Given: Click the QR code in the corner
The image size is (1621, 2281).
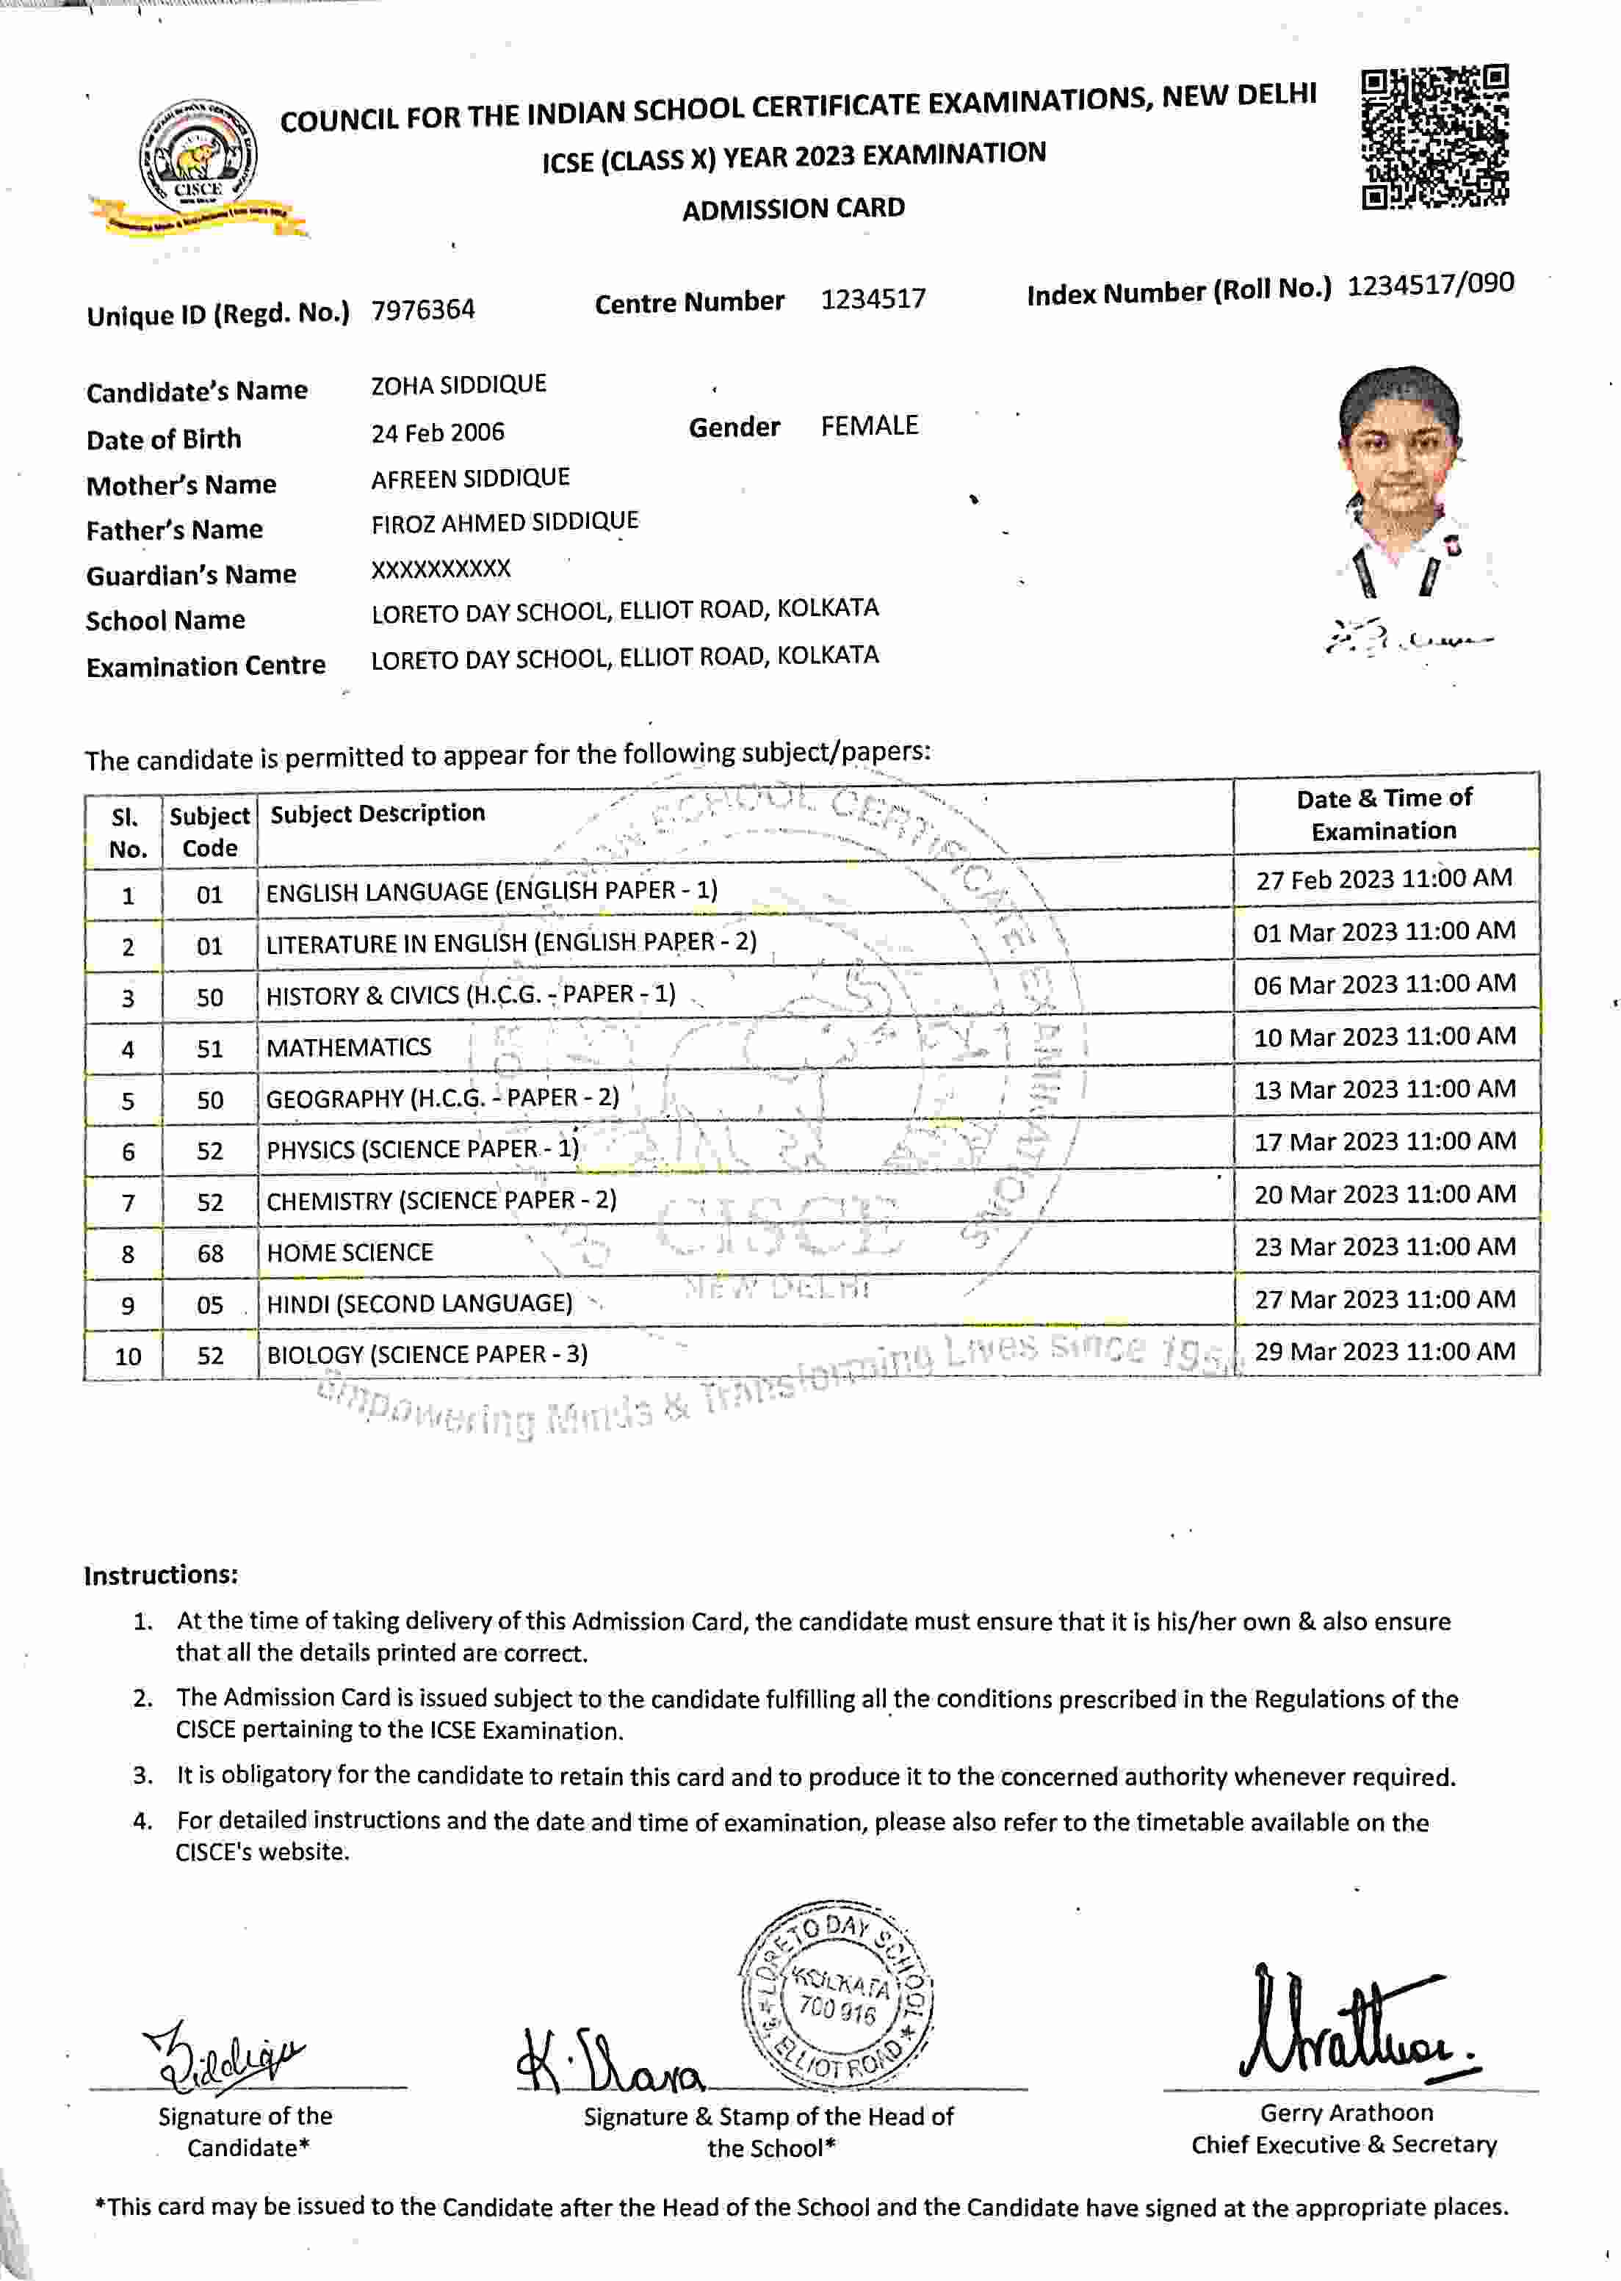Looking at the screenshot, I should point(1434,138).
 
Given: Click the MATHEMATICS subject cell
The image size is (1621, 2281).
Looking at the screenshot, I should point(348,1046).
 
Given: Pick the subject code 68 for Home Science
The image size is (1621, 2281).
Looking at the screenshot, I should point(209,1254).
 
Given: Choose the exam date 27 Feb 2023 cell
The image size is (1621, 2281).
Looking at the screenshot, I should point(1384,879).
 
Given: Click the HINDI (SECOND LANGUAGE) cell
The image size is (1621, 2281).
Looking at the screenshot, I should point(419,1303).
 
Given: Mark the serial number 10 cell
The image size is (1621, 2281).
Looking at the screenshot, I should point(128,1356).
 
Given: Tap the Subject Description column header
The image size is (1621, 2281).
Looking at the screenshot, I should point(378,813).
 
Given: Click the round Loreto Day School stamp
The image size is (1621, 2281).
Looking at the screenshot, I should point(837,1997).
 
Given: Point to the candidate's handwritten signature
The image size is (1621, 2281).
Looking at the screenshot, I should point(225,2056).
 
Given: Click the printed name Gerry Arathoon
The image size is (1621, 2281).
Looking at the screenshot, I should point(1346,2112).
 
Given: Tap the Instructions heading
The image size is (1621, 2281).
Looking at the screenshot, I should point(161,1575).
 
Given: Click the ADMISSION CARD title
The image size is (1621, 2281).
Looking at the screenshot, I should point(793,209).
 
